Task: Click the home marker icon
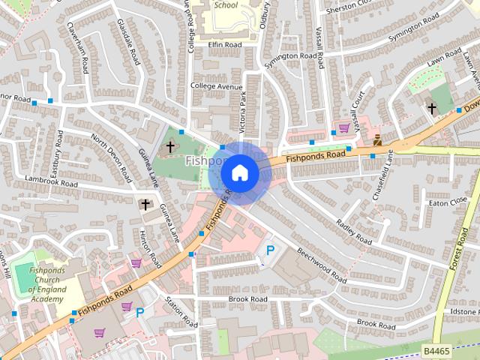tap(239, 173)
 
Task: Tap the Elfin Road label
tap(225, 45)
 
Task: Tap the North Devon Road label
tap(110, 155)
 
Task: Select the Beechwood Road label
tap(320, 264)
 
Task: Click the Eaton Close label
tap(448, 201)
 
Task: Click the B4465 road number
tap(436, 350)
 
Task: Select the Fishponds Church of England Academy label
tap(47, 285)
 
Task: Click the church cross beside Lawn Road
tap(431, 108)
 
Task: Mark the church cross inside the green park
tap(171, 147)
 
